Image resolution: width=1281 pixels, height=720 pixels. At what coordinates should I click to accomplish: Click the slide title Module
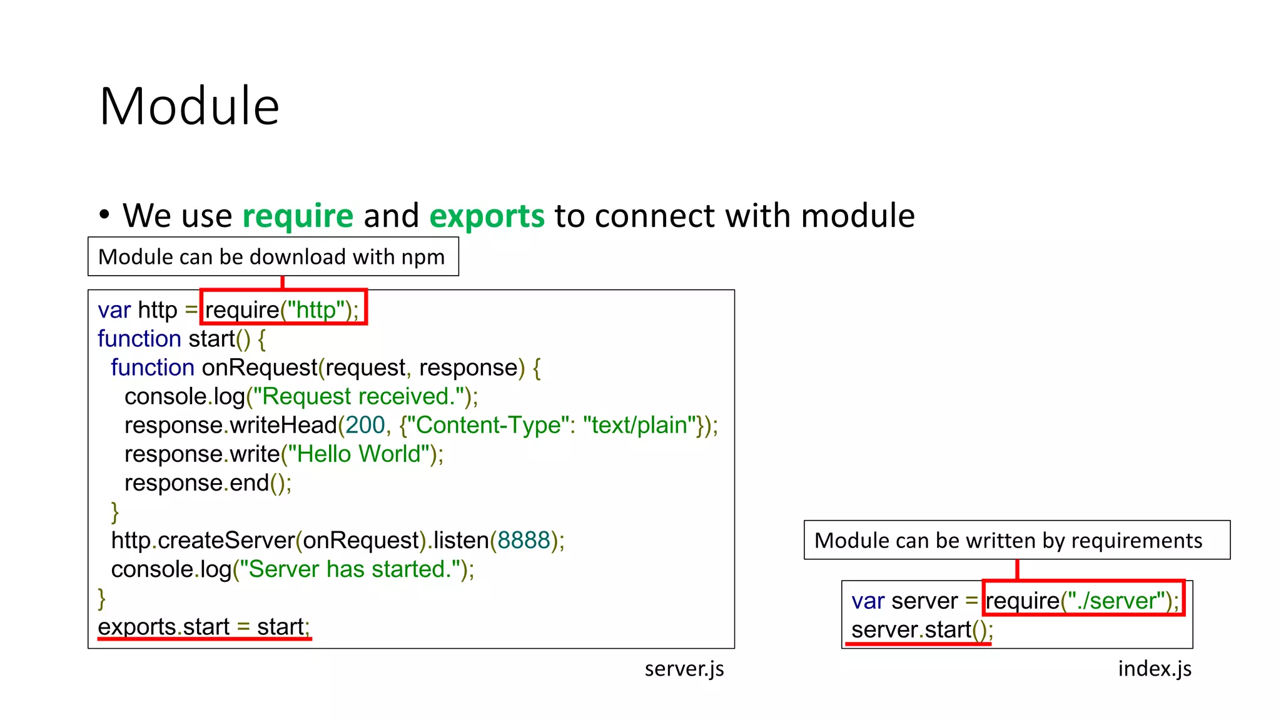coord(189,106)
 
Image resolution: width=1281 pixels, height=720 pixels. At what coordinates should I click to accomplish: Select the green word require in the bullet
coord(298,216)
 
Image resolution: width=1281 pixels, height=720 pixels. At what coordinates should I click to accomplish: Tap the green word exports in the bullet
coord(487,216)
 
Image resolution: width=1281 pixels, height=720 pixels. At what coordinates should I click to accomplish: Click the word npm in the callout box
coord(423,257)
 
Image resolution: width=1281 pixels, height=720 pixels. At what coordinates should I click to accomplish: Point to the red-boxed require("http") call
coord(283,309)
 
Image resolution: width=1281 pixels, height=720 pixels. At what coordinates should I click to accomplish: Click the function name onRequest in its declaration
coord(259,367)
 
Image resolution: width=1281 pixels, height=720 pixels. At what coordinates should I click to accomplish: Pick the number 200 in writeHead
coord(365,425)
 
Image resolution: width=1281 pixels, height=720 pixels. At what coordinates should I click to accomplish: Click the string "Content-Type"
coord(488,425)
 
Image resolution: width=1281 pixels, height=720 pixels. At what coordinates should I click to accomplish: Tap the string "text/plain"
coord(639,425)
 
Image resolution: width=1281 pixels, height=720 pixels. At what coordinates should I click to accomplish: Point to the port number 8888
coord(524,540)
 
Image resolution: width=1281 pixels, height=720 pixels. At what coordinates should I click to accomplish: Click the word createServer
coord(226,540)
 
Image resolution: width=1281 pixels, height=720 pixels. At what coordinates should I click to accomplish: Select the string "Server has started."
coord(350,569)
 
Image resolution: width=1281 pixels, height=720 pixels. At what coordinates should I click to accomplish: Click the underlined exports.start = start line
coord(204,627)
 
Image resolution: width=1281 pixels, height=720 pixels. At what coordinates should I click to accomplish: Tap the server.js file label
coord(684,669)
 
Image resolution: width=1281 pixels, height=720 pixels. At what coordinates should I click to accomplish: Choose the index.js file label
coord(1155,669)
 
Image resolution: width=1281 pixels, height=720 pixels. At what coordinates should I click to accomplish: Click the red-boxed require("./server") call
coord(1082,601)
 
